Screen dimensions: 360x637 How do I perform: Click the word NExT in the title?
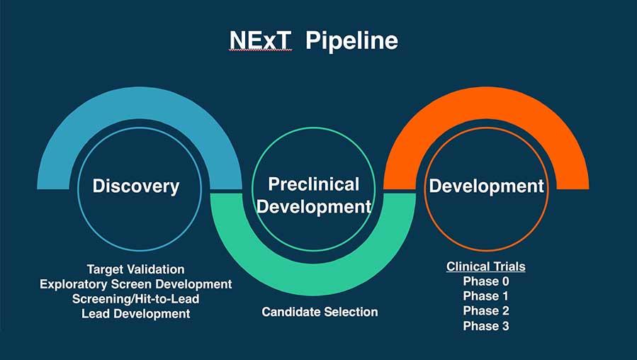[260, 40]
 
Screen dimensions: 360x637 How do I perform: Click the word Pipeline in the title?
[351, 41]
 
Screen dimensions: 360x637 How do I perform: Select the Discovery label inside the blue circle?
[135, 186]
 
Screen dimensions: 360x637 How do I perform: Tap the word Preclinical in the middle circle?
[313, 184]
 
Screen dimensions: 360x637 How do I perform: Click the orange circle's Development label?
[486, 186]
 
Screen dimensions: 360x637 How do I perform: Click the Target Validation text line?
[135, 269]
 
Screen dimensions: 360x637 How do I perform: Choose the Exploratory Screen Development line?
[135, 284]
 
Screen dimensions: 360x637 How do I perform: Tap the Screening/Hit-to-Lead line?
[135, 299]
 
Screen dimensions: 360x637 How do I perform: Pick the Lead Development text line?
[135, 313]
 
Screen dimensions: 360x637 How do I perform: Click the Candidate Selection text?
[320, 312]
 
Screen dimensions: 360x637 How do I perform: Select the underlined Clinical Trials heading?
[485, 266]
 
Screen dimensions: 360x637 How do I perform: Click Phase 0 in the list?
[485, 281]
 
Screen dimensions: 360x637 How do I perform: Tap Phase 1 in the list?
[485, 296]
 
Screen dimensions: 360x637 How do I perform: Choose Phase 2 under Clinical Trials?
[485, 311]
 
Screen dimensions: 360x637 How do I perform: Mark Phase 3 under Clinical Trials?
[485, 326]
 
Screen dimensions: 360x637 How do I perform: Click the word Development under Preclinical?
[313, 207]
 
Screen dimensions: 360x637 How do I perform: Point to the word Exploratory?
[71, 284]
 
